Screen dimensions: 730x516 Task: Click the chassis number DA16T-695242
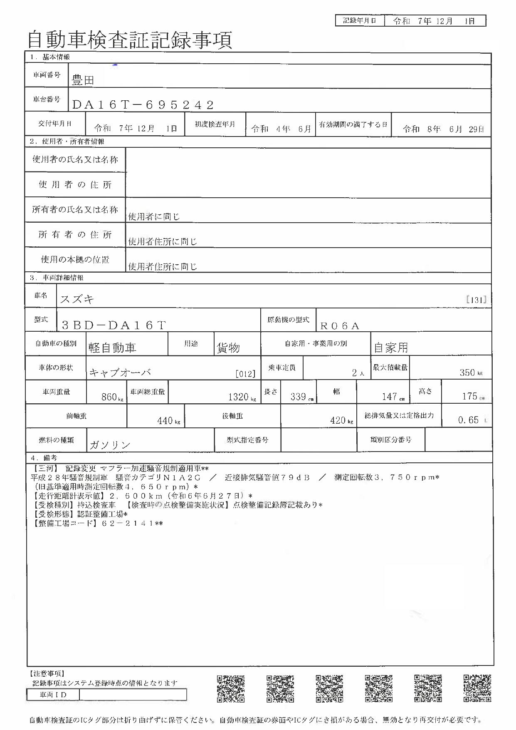[x=143, y=105]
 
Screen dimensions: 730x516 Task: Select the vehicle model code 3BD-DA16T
[x=114, y=325]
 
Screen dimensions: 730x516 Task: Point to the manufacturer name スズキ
[x=77, y=299]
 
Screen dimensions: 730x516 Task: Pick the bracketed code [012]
[x=245, y=374]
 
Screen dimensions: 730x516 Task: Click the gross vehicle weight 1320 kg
[x=242, y=397]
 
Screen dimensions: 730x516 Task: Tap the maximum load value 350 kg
[x=470, y=373]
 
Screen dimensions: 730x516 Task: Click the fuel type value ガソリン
[x=110, y=445]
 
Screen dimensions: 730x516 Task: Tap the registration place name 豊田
[x=83, y=80]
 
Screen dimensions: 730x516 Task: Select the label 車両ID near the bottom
[x=53, y=695]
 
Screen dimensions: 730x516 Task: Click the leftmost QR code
[x=230, y=689]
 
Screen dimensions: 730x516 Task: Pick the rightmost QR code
[x=477, y=689]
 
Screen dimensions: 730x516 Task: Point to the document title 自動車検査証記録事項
[x=130, y=40]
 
